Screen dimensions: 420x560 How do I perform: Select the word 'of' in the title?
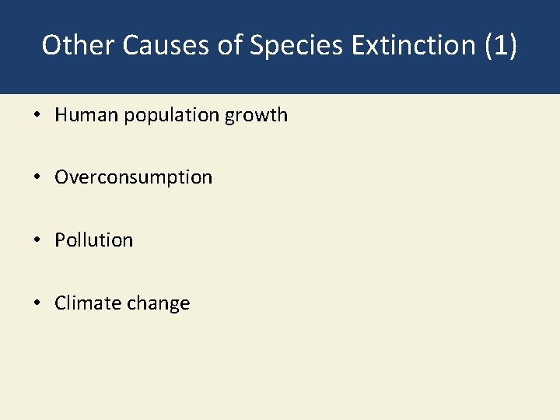(230, 45)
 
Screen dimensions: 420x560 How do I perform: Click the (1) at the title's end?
(500, 45)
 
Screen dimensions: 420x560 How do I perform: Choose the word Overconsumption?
(133, 178)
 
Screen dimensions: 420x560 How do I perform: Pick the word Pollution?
(93, 240)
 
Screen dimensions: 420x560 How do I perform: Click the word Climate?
(85, 303)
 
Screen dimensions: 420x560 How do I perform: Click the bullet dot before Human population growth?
(37, 116)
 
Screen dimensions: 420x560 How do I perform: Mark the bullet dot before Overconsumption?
(37, 178)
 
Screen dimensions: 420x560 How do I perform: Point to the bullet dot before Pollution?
(37, 240)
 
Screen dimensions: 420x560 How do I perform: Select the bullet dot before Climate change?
(37, 303)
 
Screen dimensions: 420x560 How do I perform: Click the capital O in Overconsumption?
(61, 177)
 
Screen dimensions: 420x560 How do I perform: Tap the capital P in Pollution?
(59, 240)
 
